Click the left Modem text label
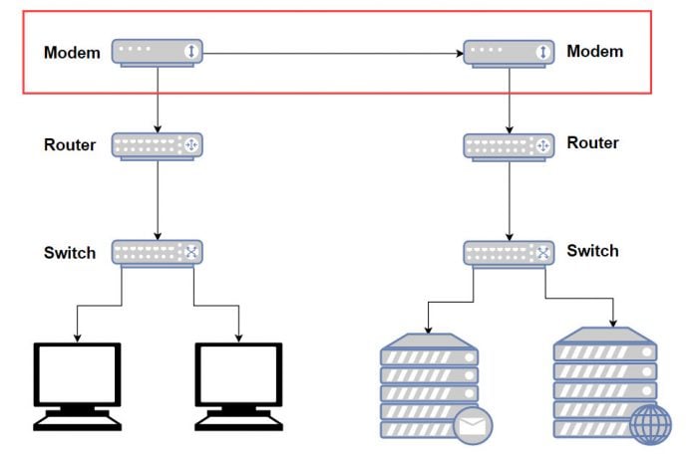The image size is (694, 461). pyautogui.click(x=72, y=53)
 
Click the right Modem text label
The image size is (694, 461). pyautogui.click(x=594, y=51)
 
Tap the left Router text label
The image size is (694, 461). pyautogui.click(x=70, y=144)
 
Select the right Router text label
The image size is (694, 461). pyautogui.click(x=593, y=142)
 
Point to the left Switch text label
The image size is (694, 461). pyautogui.click(x=70, y=252)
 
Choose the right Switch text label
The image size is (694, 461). pyautogui.click(x=593, y=251)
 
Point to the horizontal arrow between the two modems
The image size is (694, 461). pyautogui.click(x=334, y=53)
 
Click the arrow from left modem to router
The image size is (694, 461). pyautogui.click(x=158, y=100)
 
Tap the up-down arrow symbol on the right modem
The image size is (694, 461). pyautogui.click(x=542, y=52)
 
